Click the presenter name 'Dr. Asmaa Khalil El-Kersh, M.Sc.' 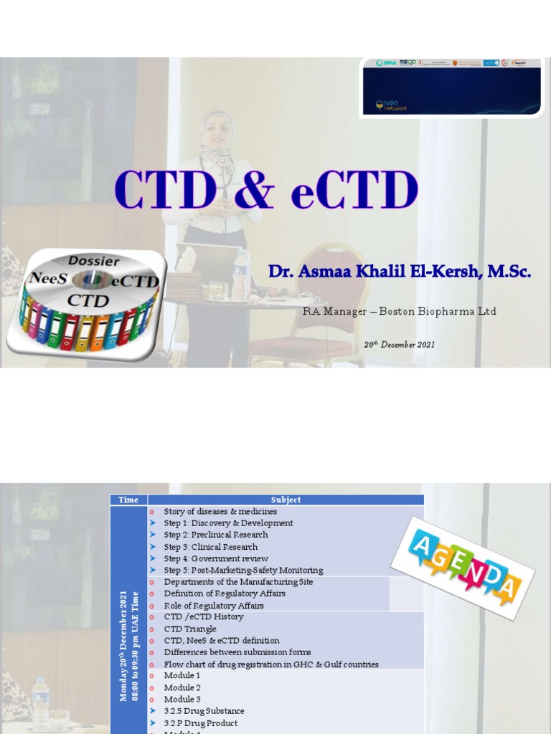400,272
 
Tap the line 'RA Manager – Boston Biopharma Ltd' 400,311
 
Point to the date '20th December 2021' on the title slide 399,345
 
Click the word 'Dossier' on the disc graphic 93,261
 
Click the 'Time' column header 128,500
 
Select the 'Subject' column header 286,500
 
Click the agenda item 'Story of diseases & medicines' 220,511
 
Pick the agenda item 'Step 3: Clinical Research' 210,547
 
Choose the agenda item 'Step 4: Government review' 216,558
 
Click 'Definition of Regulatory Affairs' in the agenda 225,594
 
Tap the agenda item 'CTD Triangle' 190,629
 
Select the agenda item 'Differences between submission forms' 237,652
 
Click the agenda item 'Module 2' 182,687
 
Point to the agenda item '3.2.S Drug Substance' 204,711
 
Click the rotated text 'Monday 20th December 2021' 123,645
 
